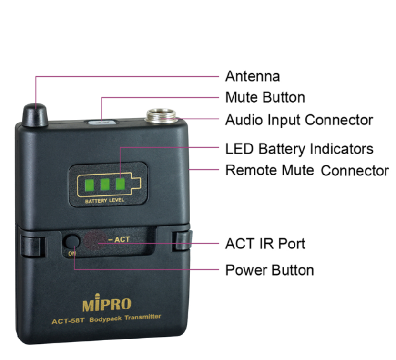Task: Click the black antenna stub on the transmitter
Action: [35, 115]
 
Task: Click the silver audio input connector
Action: [161, 116]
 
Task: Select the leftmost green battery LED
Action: [90, 185]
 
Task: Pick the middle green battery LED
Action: [105, 185]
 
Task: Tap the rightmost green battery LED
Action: [120, 184]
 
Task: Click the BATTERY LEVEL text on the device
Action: [104, 201]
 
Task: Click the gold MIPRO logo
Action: [107, 303]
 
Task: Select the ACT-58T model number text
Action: [68, 321]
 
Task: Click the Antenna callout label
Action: [253, 76]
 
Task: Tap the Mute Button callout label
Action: [265, 97]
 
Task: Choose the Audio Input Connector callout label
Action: [299, 120]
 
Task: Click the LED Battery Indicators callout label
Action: [299, 149]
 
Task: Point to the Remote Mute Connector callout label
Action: [307, 170]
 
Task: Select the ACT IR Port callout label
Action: [265, 244]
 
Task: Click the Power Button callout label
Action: [269, 270]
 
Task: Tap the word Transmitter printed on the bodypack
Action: [142, 317]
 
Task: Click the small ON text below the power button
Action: [72, 253]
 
